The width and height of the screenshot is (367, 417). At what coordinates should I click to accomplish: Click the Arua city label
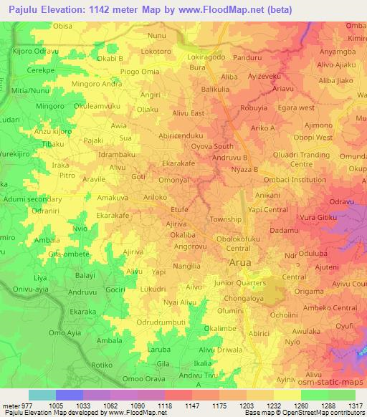(x=239, y=263)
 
